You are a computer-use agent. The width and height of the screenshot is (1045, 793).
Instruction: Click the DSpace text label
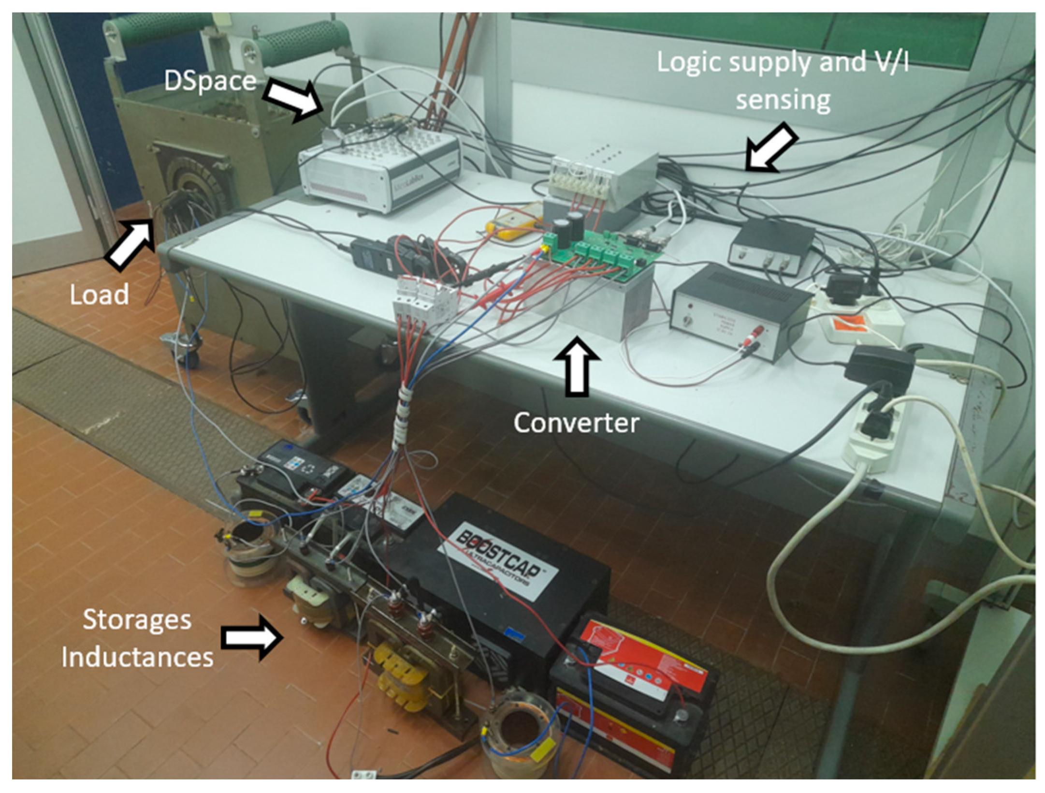(x=210, y=81)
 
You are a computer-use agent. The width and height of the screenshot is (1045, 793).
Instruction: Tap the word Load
(x=99, y=294)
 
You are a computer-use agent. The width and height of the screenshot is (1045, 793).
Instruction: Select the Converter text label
(x=576, y=423)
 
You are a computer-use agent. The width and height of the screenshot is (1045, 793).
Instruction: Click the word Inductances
(x=137, y=658)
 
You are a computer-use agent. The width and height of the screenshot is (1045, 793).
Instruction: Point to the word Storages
(x=137, y=620)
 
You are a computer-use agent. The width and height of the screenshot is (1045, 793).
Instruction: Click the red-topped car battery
(x=633, y=696)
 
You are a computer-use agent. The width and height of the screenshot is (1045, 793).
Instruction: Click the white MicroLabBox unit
(x=379, y=167)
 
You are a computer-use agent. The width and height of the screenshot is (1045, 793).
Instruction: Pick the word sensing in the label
(x=783, y=101)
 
